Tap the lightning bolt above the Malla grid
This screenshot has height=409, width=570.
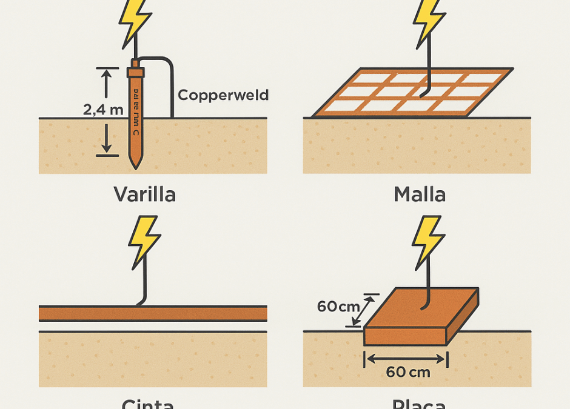(x=429, y=19)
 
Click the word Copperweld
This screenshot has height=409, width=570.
(x=223, y=95)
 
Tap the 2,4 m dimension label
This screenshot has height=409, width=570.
(x=103, y=110)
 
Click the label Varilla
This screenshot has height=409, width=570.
(x=144, y=195)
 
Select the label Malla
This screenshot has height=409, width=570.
(x=420, y=195)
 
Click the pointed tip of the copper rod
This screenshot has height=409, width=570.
(x=135, y=165)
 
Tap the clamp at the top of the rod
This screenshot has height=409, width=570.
(x=135, y=72)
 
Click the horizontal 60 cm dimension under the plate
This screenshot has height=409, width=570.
(x=407, y=371)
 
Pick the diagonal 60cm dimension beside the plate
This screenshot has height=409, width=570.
(x=338, y=307)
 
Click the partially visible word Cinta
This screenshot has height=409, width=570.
(x=147, y=404)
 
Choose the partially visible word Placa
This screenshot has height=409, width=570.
(x=418, y=404)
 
